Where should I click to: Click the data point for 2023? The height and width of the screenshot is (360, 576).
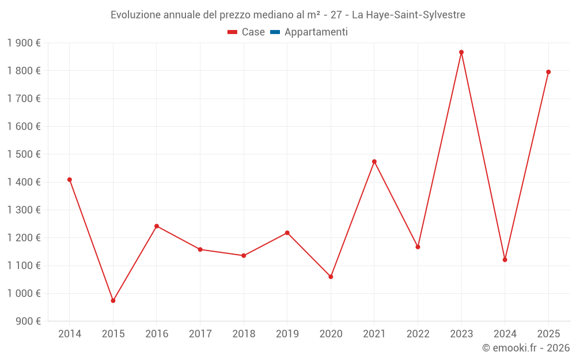click(461, 52)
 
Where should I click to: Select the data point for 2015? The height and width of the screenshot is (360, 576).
click(113, 301)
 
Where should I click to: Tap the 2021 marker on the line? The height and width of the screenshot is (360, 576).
click(374, 162)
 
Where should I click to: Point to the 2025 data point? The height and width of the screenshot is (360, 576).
click(548, 72)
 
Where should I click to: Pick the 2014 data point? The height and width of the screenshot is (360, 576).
click(70, 180)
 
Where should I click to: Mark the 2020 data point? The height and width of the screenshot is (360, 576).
click(331, 277)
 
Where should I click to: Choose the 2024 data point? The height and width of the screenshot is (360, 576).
click(505, 260)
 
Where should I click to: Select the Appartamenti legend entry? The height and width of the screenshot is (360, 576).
click(316, 32)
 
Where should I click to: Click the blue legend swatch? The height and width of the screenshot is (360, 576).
click(275, 32)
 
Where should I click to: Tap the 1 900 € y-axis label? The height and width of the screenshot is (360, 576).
click(24, 43)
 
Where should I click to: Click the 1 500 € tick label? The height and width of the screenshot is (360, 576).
click(24, 154)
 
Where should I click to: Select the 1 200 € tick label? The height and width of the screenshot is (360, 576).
click(24, 238)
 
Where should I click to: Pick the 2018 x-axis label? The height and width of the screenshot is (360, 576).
click(244, 334)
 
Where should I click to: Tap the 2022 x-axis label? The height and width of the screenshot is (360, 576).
click(418, 334)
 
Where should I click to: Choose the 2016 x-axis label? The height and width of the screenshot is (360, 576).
click(157, 334)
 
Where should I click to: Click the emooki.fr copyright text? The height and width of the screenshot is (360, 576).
click(525, 348)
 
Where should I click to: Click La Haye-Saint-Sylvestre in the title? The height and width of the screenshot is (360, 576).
click(408, 15)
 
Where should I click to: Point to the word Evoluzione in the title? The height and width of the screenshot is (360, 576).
click(135, 15)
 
